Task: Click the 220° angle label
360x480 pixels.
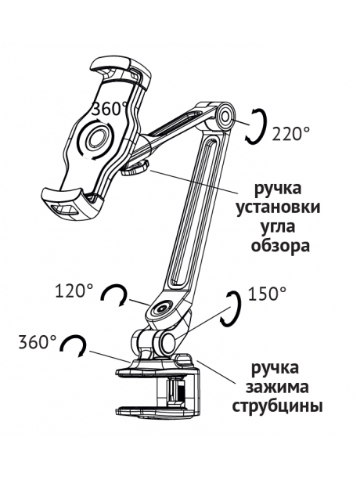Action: (x=290, y=134)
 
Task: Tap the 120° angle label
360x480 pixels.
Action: (x=74, y=291)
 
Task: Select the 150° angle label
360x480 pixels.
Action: (x=267, y=294)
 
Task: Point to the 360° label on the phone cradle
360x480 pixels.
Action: (x=110, y=109)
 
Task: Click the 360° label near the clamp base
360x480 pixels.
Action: (x=38, y=342)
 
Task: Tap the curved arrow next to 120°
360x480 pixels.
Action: (x=114, y=295)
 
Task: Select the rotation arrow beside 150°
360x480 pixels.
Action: (x=231, y=309)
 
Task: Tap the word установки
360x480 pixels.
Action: (x=278, y=208)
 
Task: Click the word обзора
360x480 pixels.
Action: (x=280, y=246)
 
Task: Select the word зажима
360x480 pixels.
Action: (x=277, y=388)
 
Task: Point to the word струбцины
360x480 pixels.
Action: (x=278, y=407)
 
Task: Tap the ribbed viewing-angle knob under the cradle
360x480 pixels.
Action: (x=135, y=168)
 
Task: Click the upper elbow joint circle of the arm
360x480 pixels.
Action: (x=225, y=117)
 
